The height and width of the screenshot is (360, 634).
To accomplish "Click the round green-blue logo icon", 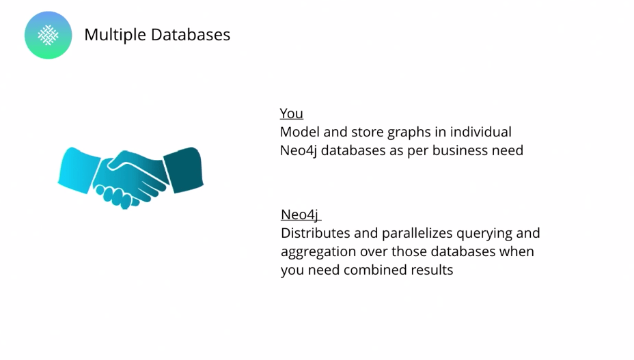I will pos(48,35).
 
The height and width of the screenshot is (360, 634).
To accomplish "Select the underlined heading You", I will pos(291,113).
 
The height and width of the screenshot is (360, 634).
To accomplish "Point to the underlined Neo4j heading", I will pos(300,214).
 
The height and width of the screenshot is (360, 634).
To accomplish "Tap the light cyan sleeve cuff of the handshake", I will pos(77,168).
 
